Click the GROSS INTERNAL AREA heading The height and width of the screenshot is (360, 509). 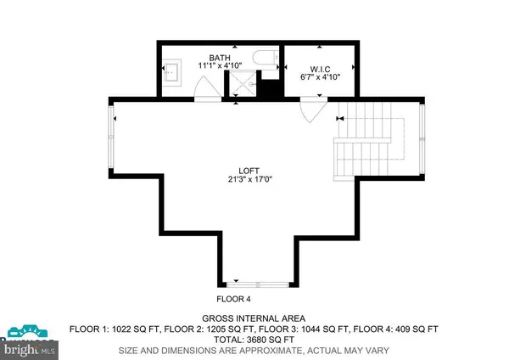255,317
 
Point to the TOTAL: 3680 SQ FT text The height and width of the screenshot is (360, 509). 255,338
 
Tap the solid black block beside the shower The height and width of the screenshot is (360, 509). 270,88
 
